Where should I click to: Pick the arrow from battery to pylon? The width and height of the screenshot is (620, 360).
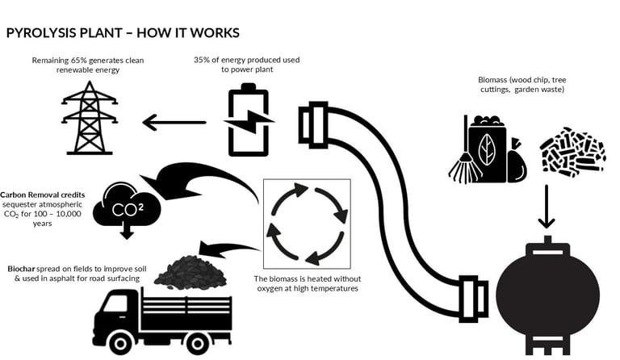tap(174, 123)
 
